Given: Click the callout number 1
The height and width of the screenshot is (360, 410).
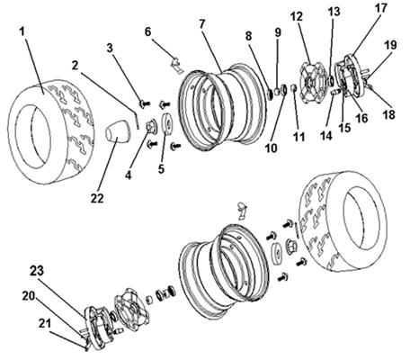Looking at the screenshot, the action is click(22, 31).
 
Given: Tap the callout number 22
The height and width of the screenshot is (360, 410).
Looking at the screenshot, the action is click(97, 199).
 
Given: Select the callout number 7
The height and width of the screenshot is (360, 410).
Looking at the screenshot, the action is click(202, 24).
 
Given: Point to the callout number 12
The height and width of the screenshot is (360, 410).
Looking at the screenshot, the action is click(297, 17).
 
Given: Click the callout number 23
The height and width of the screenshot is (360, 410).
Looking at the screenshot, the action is click(37, 271).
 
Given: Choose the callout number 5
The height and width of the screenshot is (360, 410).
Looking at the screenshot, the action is click(161, 169).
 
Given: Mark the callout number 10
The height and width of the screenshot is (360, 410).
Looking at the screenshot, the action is click(272, 148).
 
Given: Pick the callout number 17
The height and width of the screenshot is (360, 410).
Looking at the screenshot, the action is click(381, 8).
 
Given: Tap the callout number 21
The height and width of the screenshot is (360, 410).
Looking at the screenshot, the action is click(45, 324).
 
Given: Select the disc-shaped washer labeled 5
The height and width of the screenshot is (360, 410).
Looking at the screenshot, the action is click(166, 122).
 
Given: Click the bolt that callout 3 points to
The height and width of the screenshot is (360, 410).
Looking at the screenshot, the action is click(145, 103).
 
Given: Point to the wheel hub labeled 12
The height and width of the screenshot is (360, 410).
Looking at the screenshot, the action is click(311, 83).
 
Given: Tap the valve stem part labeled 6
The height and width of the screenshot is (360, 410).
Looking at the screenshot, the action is click(177, 66).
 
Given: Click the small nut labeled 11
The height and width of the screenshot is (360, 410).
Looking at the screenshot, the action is click(294, 88).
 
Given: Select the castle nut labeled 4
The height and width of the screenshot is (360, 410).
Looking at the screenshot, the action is click(151, 125).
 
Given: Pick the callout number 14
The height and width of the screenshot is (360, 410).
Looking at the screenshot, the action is click(326, 136).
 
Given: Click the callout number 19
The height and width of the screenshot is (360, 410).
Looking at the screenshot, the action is click(390, 45).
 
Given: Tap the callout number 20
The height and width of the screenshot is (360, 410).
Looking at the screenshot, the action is click(29, 296).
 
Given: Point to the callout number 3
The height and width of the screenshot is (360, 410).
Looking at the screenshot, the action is click(110, 48).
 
